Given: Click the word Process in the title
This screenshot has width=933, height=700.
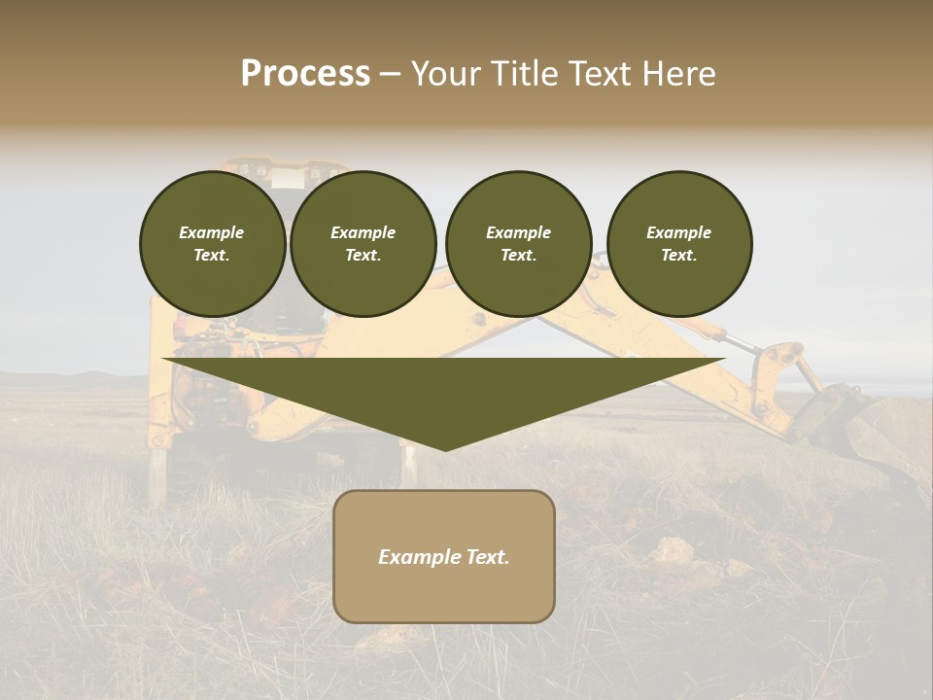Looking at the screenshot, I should (x=305, y=74).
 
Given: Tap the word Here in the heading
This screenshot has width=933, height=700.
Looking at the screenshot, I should (x=680, y=74).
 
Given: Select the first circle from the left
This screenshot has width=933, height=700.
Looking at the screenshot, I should (x=212, y=243).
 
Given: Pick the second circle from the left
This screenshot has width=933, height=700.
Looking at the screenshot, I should (x=363, y=243).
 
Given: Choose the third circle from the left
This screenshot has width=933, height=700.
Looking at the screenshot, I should (x=518, y=243).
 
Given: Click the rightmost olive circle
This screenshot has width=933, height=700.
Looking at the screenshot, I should (x=678, y=243).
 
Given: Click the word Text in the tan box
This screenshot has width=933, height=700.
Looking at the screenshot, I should (x=488, y=557).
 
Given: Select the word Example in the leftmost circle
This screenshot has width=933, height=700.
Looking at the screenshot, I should (x=212, y=232).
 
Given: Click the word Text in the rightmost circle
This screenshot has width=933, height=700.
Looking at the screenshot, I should (x=678, y=256).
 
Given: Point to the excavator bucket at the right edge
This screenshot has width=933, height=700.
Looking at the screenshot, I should (x=875, y=428).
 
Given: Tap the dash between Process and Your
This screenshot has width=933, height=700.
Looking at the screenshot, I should (x=390, y=74).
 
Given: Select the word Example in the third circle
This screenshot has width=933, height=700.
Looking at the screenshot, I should (x=518, y=232).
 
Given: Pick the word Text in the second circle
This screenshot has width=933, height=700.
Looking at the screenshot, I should (x=363, y=256).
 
